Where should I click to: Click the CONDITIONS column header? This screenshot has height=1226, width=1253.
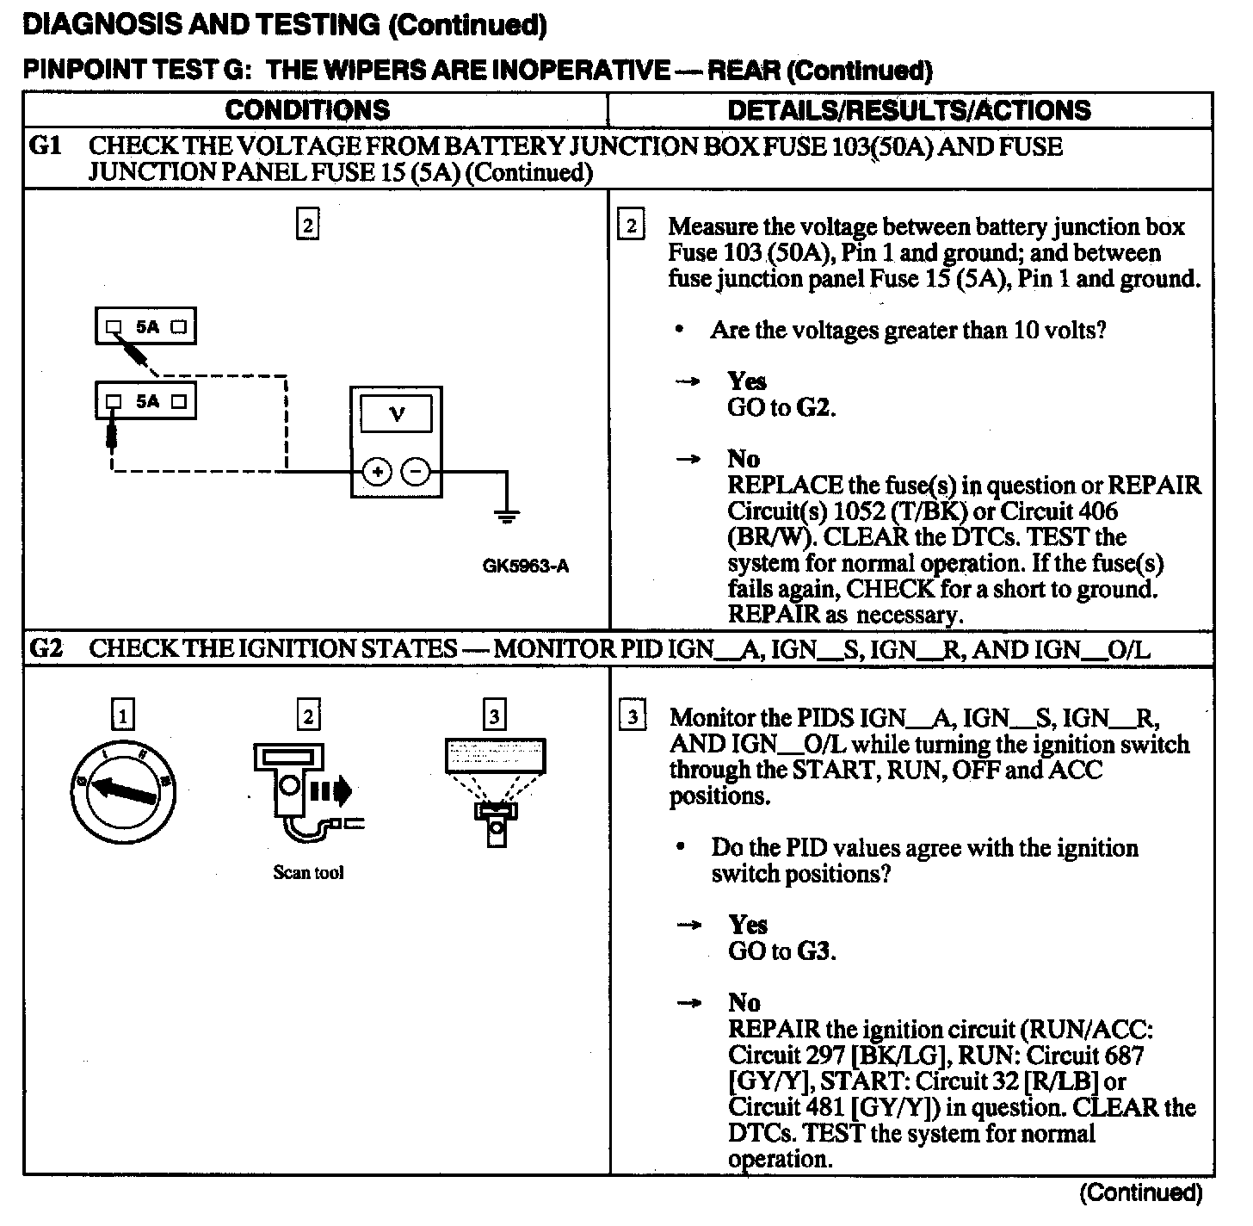click(307, 110)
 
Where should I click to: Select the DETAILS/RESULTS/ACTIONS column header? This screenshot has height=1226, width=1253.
click(909, 110)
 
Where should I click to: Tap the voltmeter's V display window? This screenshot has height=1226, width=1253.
click(397, 415)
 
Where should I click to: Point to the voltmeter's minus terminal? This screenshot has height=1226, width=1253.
click(417, 472)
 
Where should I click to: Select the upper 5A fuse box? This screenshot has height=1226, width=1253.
click(145, 327)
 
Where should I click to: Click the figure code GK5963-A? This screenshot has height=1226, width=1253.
click(526, 567)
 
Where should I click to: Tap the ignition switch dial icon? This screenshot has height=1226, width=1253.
click(122, 790)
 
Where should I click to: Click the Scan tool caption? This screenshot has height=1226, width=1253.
click(308, 873)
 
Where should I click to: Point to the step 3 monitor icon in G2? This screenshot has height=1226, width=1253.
click(495, 789)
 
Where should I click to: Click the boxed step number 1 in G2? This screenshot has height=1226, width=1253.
click(123, 715)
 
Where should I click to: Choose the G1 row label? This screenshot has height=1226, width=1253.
click(45, 146)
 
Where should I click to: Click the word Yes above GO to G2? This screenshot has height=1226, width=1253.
click(746, 381)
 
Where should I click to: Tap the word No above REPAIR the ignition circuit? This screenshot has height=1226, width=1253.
click(744, 1003)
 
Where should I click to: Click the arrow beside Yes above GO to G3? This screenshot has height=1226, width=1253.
click(688, 926)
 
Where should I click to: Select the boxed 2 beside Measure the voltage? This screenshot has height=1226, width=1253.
click(631, 226)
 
